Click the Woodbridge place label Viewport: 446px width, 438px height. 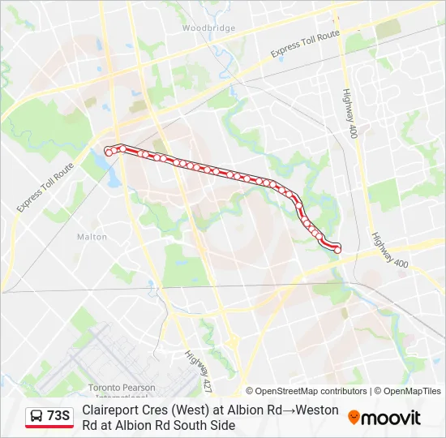(208, 28)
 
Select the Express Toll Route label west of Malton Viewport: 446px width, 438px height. (45, 187)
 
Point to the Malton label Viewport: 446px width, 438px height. (92, 237)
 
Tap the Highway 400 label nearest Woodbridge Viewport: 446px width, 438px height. (350, 113)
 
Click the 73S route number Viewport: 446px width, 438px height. (58, 416)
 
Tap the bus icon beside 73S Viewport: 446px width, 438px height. (36, 417)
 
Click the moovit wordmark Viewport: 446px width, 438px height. (391, 418)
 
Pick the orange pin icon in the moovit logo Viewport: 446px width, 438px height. (354, 417)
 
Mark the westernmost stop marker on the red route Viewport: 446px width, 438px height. (109, 152)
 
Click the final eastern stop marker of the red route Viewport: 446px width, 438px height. (337, 248)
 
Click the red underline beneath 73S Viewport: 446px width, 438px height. (49, 427)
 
